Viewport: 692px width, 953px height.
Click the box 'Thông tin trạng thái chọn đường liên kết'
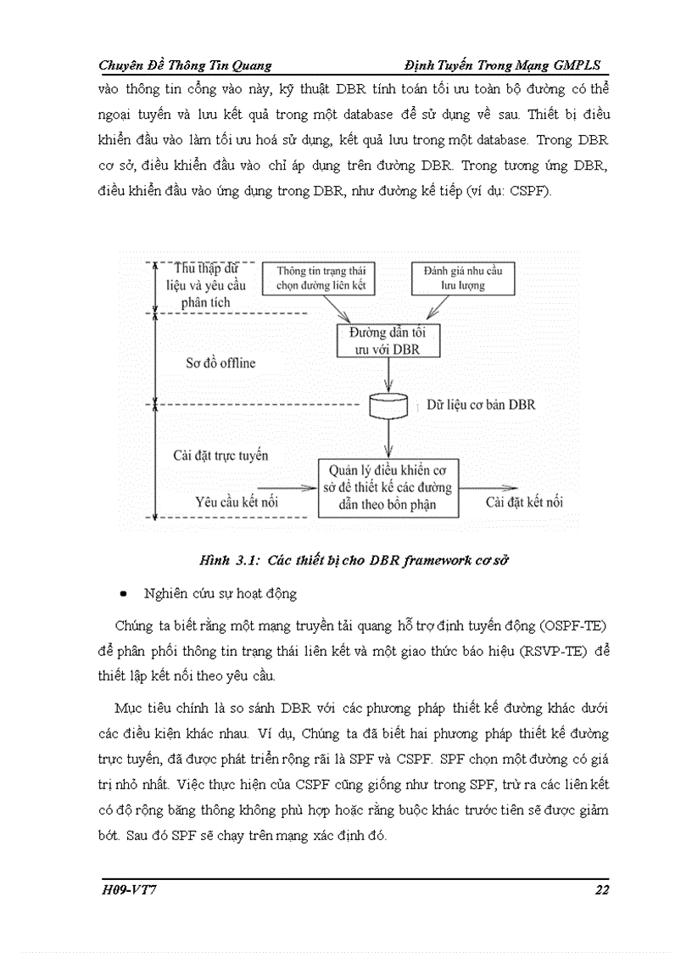pyautogui.click(x=326, y=278)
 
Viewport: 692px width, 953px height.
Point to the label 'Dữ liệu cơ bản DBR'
pyautogui.click(x=481, y=406)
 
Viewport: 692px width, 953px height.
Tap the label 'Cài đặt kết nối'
pyautogui.click(x=524, y=502)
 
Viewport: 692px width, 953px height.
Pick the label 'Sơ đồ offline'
pyautogui.click(x=220, y=362)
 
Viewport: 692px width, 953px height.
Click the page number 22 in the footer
pyautogui.click(x=601, y=889)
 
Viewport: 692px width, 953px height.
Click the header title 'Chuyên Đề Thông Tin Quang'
pyautogui.click(x=186, y=65)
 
